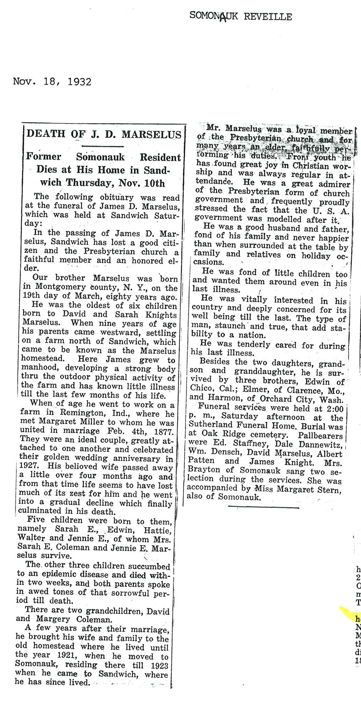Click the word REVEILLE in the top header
[x=268, y=16]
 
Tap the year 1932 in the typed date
[x=80, y=82]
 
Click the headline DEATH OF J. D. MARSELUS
[x=104, y=134]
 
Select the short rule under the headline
[x=102, y=146]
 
